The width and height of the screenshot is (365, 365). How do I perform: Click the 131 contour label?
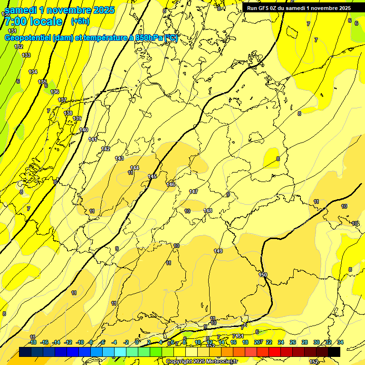[x=12, y=31]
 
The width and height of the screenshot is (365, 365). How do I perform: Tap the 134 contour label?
[x=33, y=72]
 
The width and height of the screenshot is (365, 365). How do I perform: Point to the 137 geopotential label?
[x=62, y=100]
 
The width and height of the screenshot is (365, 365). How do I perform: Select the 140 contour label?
[x=84, y=130]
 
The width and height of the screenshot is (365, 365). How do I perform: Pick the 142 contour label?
[x=106, y=149]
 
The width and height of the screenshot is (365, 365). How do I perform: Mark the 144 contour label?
[x=134, y=168]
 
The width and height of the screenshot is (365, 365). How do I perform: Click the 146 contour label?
[x=171, y=184]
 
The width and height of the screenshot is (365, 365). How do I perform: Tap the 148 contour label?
[x=208, y=211]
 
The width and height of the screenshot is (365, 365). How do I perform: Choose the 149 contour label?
[x=218, y=251]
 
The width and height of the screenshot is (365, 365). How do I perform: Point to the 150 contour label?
[x=263, y=275]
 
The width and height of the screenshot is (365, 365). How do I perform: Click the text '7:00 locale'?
[x=33, y=21]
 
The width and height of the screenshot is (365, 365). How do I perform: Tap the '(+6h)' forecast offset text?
[x=79, y=21]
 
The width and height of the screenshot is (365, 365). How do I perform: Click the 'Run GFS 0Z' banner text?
[x=264, y=8]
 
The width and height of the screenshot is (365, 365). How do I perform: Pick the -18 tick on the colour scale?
[x=32, y=342]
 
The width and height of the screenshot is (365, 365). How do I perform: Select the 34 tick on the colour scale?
[x=340, y=342]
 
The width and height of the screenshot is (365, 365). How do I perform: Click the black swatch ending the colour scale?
[x=334, y=352]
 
